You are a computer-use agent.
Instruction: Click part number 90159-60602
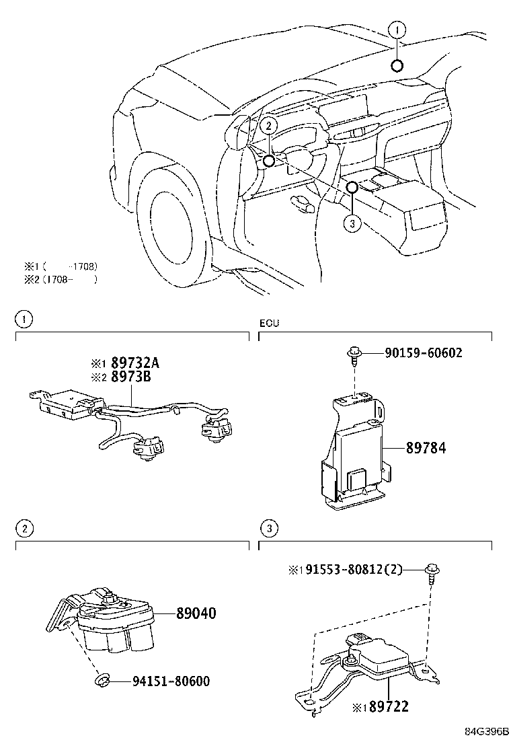pos(424,353)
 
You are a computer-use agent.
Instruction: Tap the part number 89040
pos(196,613)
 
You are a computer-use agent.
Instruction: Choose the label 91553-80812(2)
pos(350,570)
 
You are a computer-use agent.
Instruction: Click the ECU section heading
pos(269,324)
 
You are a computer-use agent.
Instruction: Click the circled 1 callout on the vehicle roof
pos(397,30)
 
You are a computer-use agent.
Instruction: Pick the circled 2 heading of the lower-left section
pos(24,529)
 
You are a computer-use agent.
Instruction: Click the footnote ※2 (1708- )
pos(61,279)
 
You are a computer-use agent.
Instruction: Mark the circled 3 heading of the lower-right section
pos(268,529)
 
